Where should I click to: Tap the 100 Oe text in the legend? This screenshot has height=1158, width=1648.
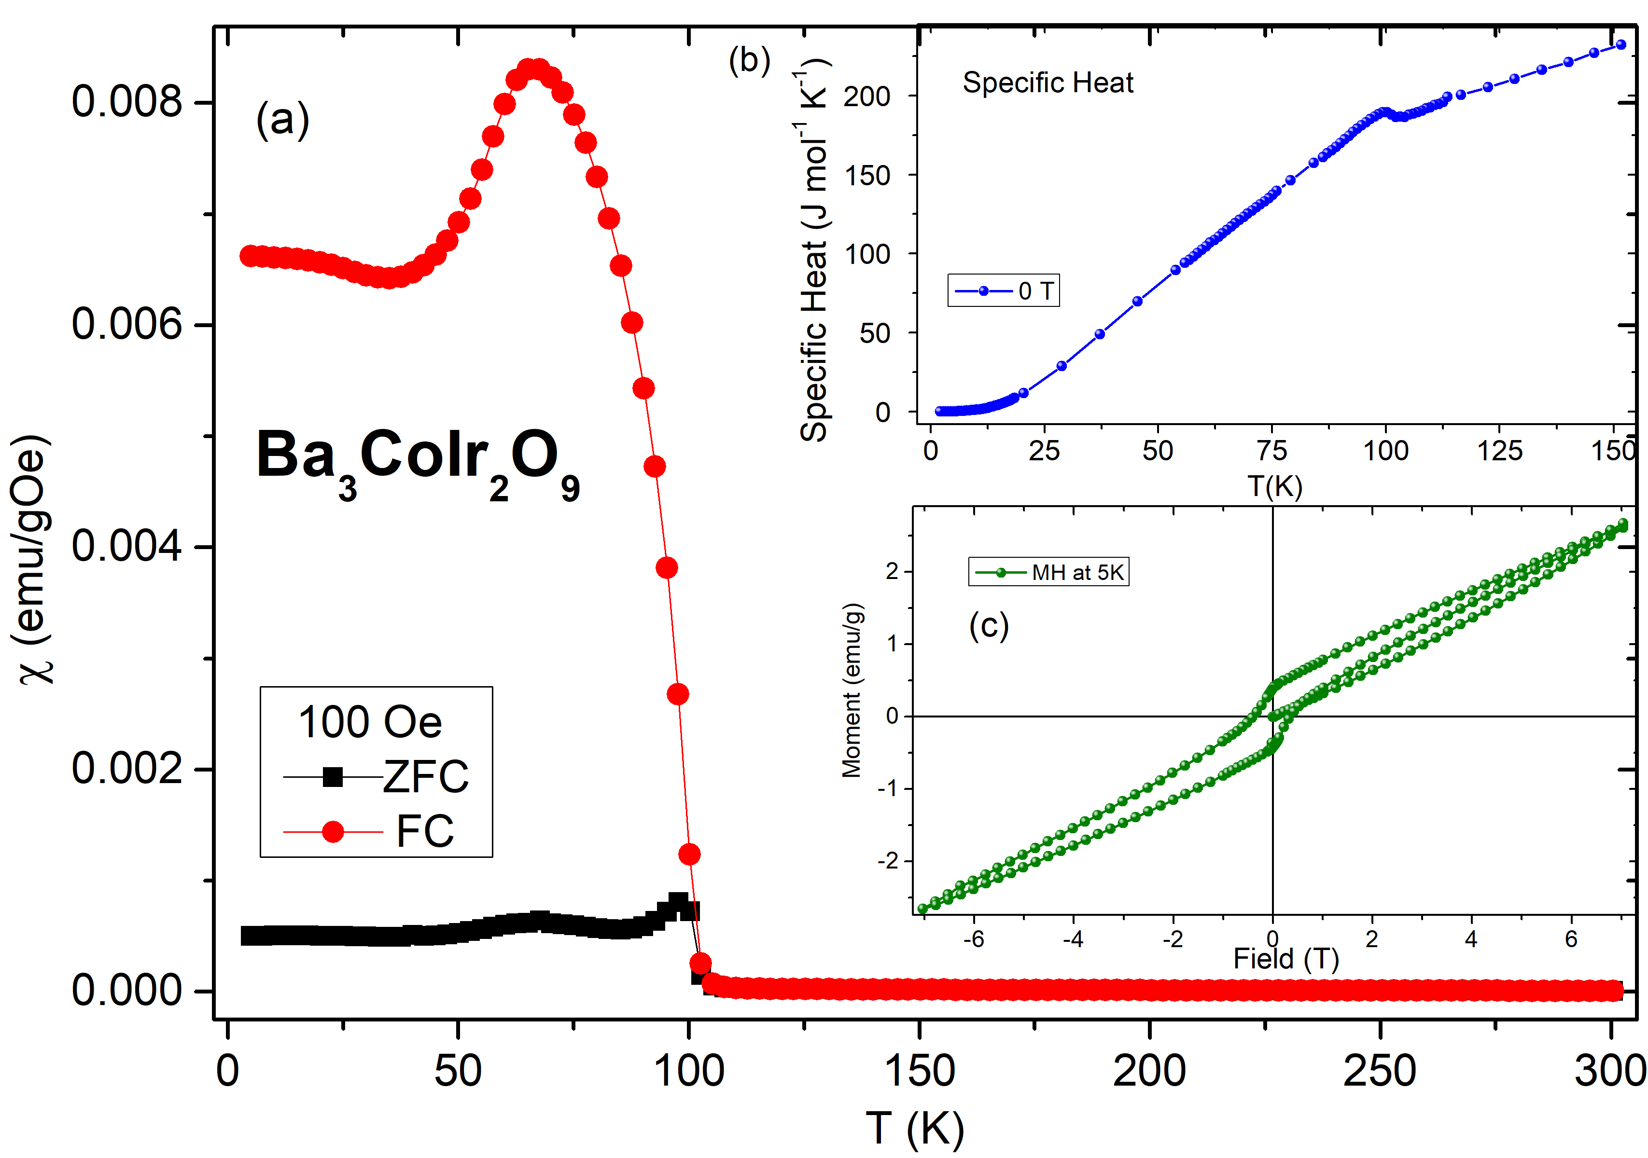tap(370, 722)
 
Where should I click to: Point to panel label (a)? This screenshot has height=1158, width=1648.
tap(283, 119)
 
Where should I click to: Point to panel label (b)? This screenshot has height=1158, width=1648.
tap(749, 60)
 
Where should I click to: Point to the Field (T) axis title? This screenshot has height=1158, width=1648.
tap(1285, 959)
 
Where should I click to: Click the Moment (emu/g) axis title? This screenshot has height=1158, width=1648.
tap(852, 690)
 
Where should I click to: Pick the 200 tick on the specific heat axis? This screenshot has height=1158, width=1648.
tap(867, 96)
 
